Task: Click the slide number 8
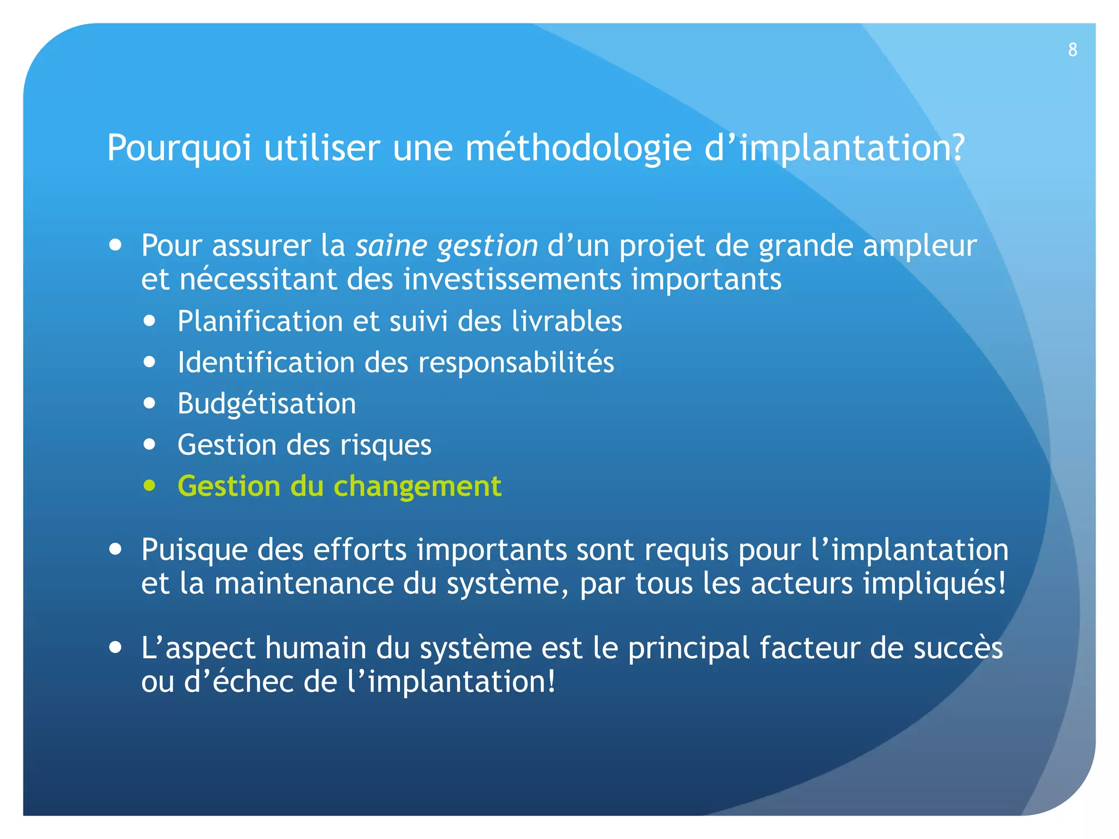click(x=1073, y=50)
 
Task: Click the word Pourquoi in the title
click(x=179, y=148)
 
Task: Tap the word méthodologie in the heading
click(x=578, y=148)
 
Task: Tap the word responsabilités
click(x=516, y=363)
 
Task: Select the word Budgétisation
click(x=267, y=404)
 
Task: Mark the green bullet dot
click(x=150, y=485)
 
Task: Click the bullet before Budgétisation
click(x=150, y=403)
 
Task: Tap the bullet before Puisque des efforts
click(x=115, y=548)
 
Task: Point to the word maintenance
click(x=304, y=583)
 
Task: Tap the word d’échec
click(x=239, y=682)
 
